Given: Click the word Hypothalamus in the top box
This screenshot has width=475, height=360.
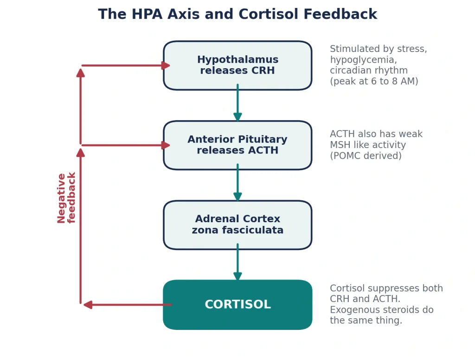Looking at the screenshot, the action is [x=237, y=60].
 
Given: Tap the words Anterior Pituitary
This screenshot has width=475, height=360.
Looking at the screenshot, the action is [x=237, y=139].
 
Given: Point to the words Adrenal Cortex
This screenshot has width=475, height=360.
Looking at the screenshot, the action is [x=237, y=219].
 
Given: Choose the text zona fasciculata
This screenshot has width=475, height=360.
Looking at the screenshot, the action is [x=237, y=230].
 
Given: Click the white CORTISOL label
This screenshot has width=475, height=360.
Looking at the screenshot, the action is [x=238, y=304].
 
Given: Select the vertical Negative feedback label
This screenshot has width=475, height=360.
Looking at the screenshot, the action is [x=66, y=198].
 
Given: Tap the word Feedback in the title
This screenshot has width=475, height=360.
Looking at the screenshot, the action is [x=340, y=14].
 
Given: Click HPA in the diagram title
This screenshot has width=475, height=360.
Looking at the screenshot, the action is [x=147, y=14].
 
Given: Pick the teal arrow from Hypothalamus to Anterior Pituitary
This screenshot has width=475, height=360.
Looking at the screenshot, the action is [x=237, y=103].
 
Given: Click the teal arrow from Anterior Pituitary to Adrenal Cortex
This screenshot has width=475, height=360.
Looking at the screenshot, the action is [x=237, y=182].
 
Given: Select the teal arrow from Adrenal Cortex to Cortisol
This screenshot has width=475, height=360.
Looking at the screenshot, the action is [x=237, y=262].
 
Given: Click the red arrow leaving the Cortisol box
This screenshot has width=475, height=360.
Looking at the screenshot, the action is [x=128, y=305].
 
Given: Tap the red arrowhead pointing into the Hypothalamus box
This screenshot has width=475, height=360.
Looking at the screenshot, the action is [x=166, y=65].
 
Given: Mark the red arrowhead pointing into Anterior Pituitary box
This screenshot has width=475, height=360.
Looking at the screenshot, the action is [x=166, y=145].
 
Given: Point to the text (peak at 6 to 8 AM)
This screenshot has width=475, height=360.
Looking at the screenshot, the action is [x=374, y=81].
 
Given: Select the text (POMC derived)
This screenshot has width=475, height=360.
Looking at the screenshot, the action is [x=366, y=156].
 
